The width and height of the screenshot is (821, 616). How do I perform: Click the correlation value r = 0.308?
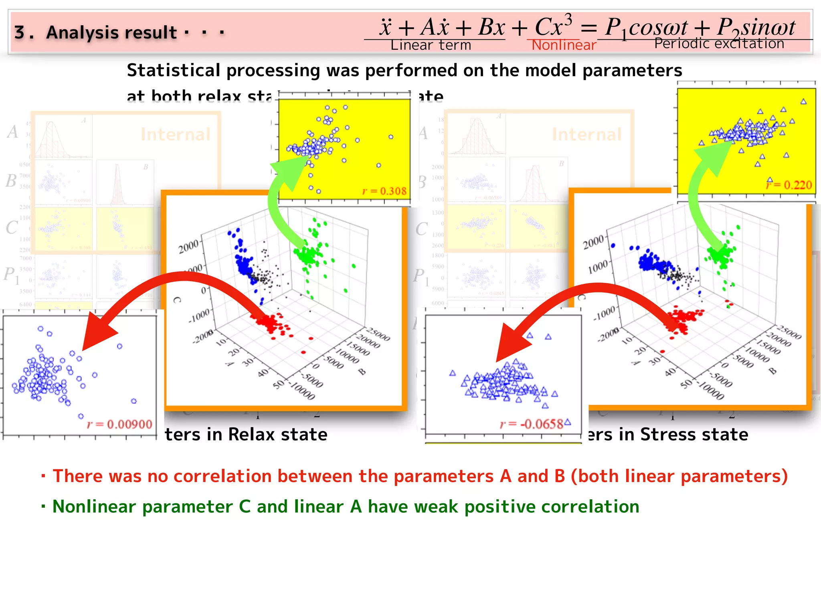click(384, 191)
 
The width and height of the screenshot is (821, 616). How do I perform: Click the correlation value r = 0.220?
click(789, 185)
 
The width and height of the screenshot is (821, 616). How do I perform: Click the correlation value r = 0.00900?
click(119, 424)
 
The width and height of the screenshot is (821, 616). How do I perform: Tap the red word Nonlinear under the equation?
click(564, 45)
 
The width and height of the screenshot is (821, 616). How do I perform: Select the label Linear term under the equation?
click(431, 45)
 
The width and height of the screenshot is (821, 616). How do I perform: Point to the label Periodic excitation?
click(719, 43)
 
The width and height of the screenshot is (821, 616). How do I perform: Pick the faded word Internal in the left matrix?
click(175, 134)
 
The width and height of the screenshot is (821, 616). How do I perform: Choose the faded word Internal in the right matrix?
click(586, 134)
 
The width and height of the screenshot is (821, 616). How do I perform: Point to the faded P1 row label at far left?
click(11, 275)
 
